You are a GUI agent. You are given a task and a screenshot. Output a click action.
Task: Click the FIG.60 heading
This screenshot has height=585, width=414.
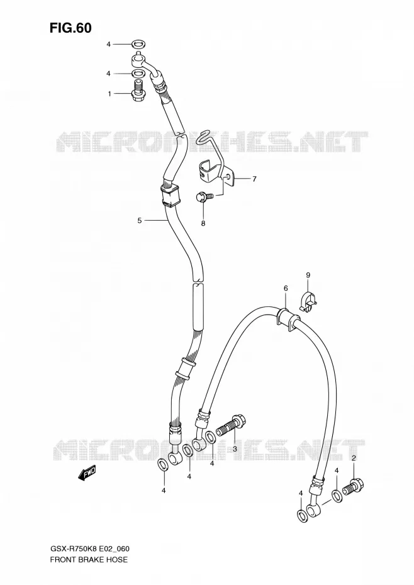pos(70,28)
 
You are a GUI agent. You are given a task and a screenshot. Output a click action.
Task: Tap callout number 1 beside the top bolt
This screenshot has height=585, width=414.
pos(109,94)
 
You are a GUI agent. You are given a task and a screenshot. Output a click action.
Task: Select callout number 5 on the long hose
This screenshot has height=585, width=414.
pos(140,221)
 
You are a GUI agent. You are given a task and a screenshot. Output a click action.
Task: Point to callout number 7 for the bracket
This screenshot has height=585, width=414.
pos(254,179)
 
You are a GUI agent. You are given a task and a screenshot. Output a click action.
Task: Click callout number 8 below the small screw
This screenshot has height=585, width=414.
pos(203,223)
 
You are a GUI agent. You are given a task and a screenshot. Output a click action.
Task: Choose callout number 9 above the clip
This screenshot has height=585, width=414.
pos(308,276)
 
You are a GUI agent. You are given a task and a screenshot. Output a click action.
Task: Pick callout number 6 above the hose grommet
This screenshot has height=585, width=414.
pos(286,288)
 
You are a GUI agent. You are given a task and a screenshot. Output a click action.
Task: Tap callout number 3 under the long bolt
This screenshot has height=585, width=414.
pos(235,449)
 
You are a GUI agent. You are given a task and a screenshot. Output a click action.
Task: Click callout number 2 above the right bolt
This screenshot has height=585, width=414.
pos(354,458)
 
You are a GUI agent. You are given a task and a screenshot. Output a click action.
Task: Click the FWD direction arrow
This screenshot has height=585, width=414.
pos(87,472)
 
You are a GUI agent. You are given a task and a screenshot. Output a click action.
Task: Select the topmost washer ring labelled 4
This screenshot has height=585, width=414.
pos(138,45)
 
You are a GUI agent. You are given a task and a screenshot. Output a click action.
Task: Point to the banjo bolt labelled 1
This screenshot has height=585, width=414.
pos(138,91)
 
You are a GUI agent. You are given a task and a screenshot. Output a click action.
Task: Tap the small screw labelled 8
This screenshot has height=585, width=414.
pos(205,196)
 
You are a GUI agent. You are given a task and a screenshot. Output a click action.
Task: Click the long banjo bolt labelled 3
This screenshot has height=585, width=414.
pos(231,428)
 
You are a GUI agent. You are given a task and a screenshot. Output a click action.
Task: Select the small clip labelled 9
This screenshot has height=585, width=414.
pos(308,302)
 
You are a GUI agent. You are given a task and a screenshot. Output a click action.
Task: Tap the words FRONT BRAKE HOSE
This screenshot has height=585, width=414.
pos(89,559)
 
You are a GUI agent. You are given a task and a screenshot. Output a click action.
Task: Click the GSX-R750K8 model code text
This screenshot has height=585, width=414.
pos(74,549)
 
